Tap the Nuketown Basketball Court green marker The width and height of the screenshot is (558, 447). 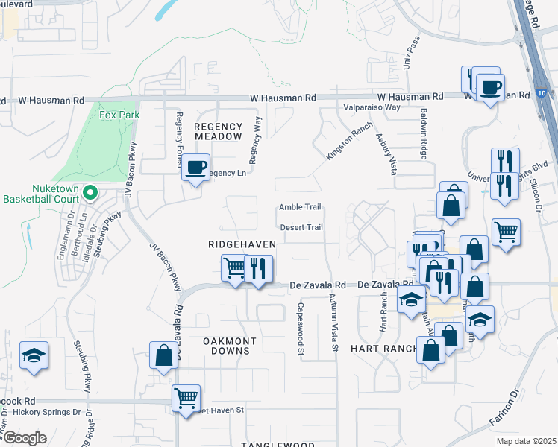coord(90,194)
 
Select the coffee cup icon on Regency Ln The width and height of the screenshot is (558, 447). coord(195,168)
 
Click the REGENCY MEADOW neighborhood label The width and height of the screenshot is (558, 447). coord(218,131)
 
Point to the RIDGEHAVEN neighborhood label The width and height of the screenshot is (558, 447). coord(242,244)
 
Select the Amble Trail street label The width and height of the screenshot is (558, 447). coord(300,207)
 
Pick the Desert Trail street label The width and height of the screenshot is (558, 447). coord(301,227)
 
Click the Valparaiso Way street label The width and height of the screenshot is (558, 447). coord(372,107)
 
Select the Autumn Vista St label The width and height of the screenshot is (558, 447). coord(334,324)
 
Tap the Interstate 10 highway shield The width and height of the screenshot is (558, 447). coord(539,93)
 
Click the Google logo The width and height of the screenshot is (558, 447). coord(25,438)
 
